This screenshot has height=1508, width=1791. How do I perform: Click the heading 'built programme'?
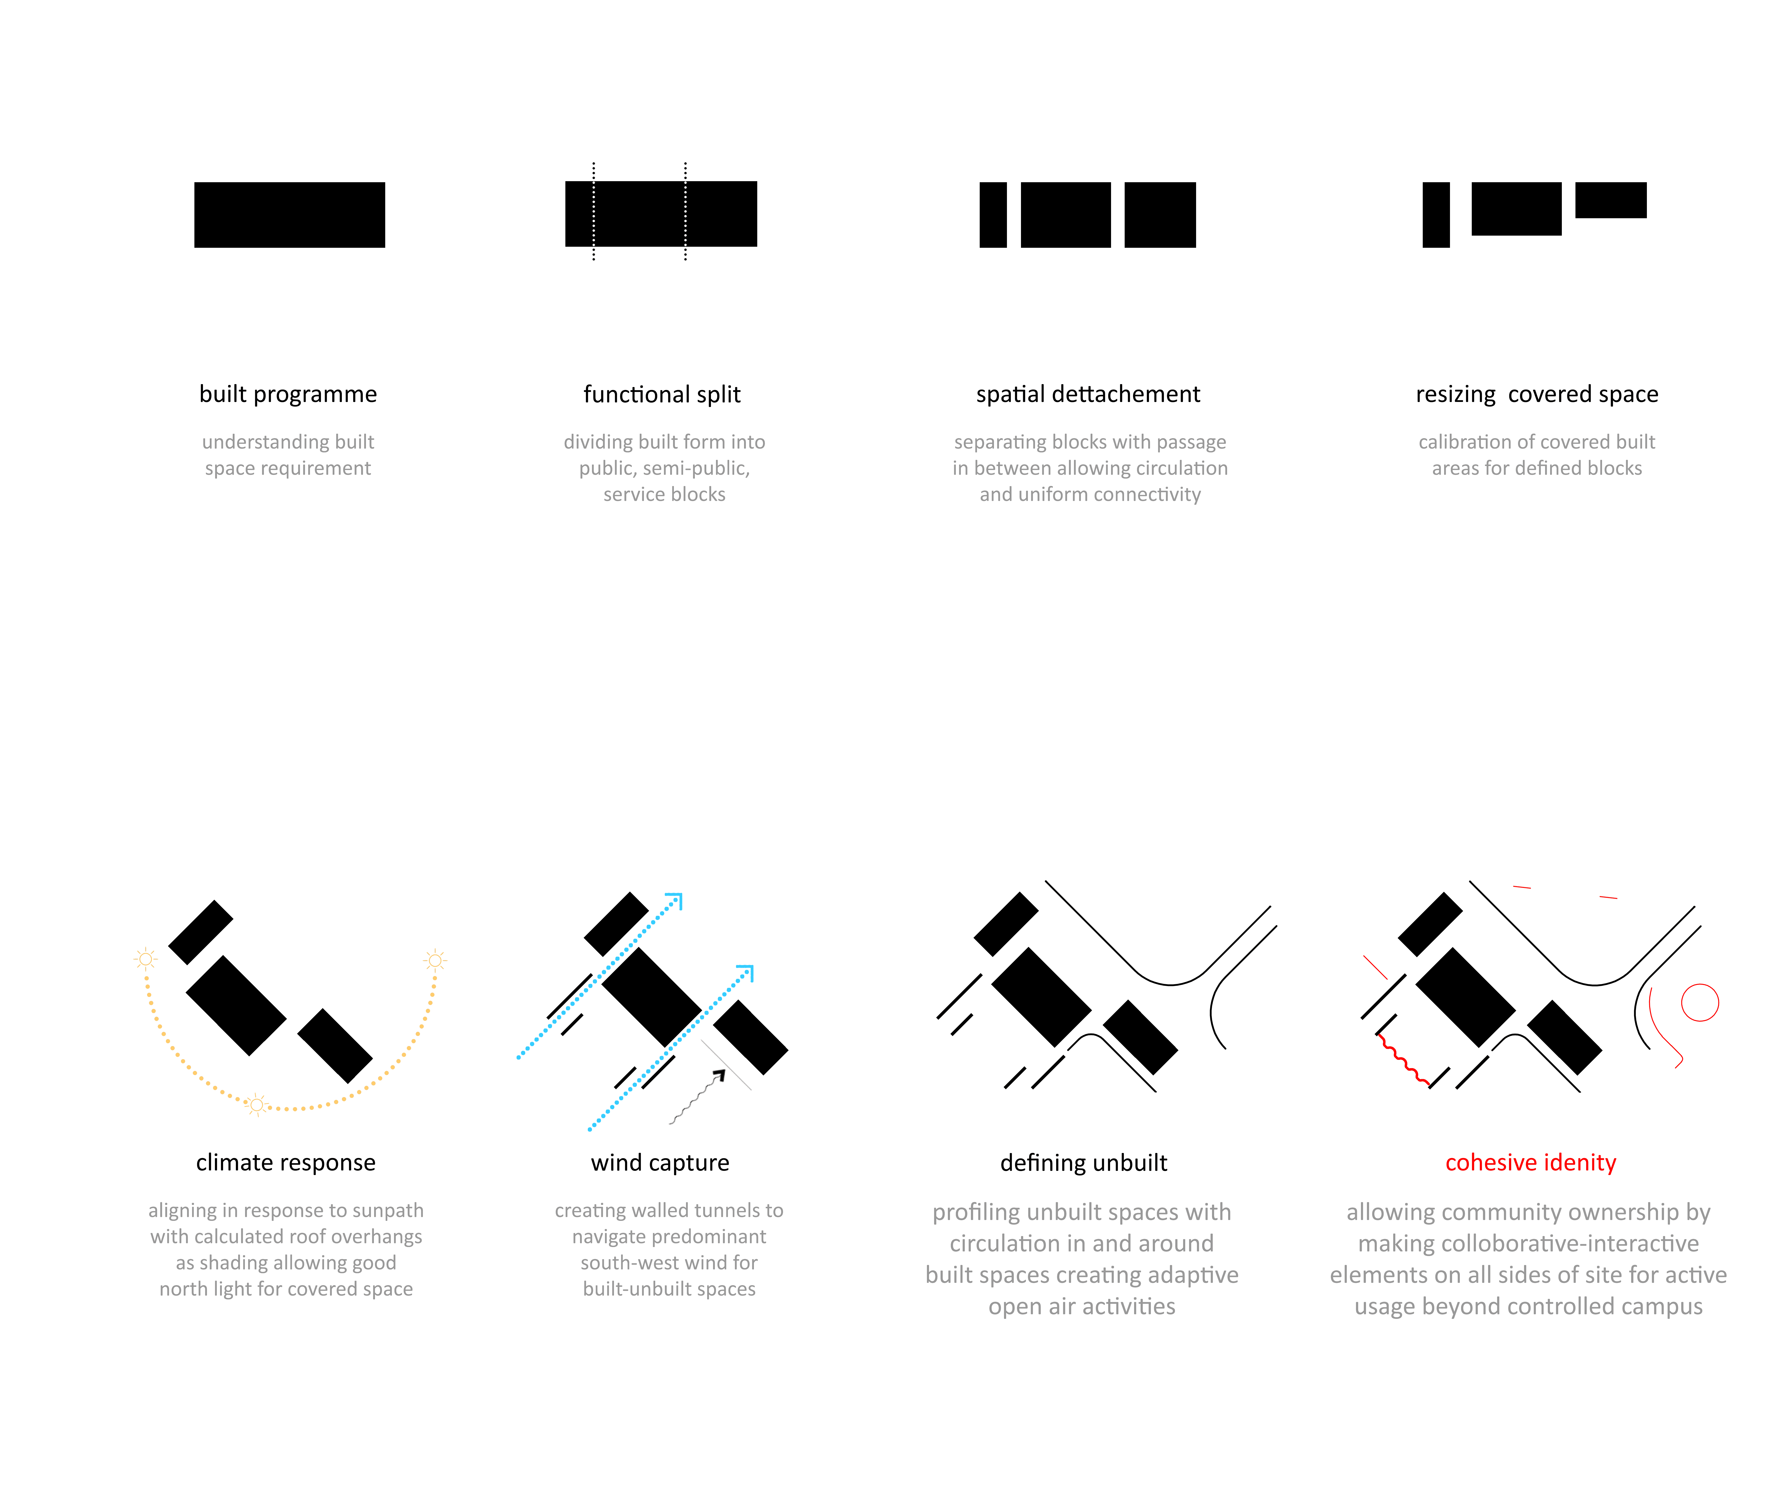[288, 394]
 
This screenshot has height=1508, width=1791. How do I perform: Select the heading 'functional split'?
[662, 394]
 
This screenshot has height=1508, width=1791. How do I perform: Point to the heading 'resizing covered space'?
[1536, 394]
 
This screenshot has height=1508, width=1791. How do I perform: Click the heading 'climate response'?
[286, 1163]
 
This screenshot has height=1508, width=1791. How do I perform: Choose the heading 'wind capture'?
[660, 1163]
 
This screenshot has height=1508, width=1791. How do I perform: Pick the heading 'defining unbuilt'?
[1083, 1163]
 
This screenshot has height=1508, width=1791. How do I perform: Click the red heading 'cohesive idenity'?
[1530, 1163]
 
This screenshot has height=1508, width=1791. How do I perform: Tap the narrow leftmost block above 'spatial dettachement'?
[992, 214]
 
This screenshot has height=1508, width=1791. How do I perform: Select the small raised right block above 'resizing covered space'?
[1611, 200]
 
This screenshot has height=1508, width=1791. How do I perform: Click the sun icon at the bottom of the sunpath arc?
[256, 1105]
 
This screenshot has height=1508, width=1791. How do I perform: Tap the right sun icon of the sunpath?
[435, 961]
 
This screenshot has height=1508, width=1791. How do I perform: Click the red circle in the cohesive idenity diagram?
[1699, 1003]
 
